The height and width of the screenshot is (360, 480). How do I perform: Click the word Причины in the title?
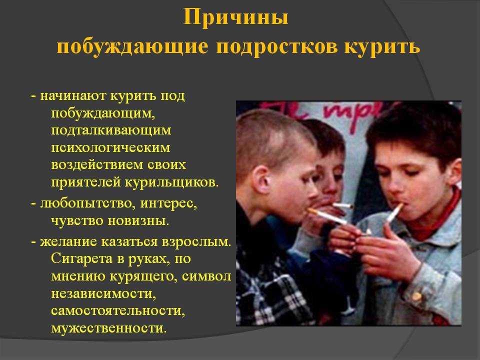point(235,17)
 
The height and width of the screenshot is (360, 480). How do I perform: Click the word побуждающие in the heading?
point(132,47)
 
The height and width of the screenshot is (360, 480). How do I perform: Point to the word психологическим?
point(110,148)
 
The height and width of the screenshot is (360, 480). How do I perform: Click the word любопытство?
point(86,203)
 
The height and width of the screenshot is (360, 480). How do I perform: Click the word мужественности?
point(109,328)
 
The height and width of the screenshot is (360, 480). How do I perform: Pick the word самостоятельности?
point(118,310)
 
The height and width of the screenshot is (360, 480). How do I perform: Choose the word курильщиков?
point(172,183)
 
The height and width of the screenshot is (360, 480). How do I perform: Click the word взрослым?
point(197,242)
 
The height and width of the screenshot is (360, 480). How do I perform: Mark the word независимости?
point(103,293)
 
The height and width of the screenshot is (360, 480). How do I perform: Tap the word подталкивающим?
point(111,130)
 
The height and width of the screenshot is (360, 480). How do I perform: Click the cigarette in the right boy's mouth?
point(395,213)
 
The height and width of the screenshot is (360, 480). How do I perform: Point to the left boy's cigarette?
point(327,216)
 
